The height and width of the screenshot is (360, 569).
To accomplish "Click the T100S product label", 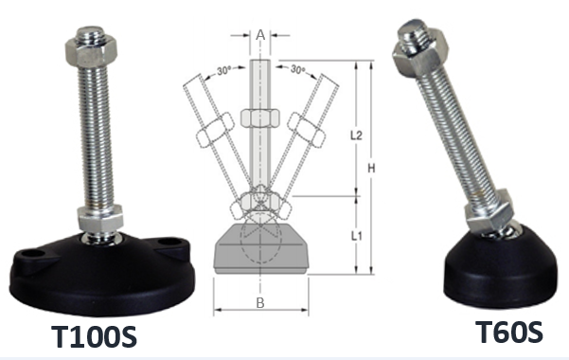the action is [x=94, y=336].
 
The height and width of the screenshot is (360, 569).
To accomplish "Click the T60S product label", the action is [x=508, y=332].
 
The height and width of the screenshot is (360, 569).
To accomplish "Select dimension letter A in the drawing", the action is [x=260, y=35].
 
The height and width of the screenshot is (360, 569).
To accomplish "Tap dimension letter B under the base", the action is [x=260, y=302].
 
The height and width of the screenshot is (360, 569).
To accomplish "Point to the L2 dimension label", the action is [x=356, y=135].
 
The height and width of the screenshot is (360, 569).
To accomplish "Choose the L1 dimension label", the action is [x=356, y=236].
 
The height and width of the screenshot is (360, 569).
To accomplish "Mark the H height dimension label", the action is [x=371, y=169].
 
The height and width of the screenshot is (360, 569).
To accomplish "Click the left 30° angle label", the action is [x=225, y=70].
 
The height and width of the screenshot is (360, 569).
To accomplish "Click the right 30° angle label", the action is [x=298, y=69].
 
